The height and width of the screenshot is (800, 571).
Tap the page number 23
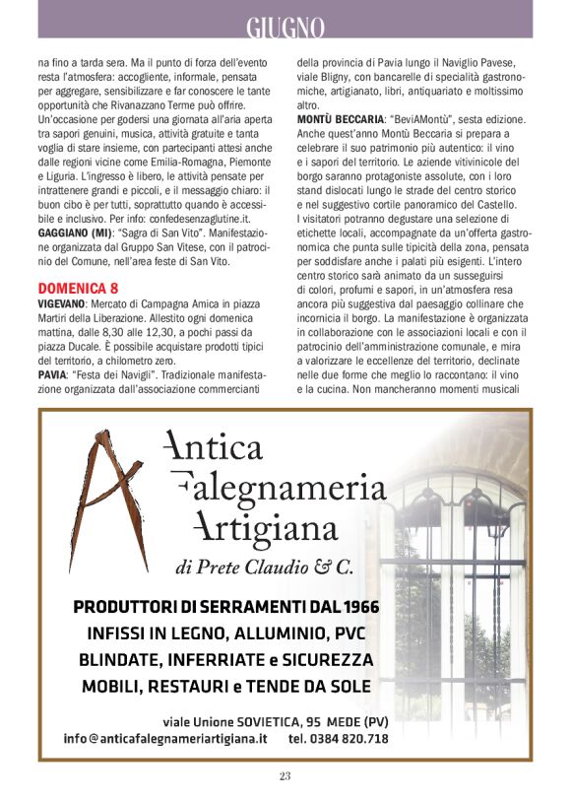click(x=285, y=776)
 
